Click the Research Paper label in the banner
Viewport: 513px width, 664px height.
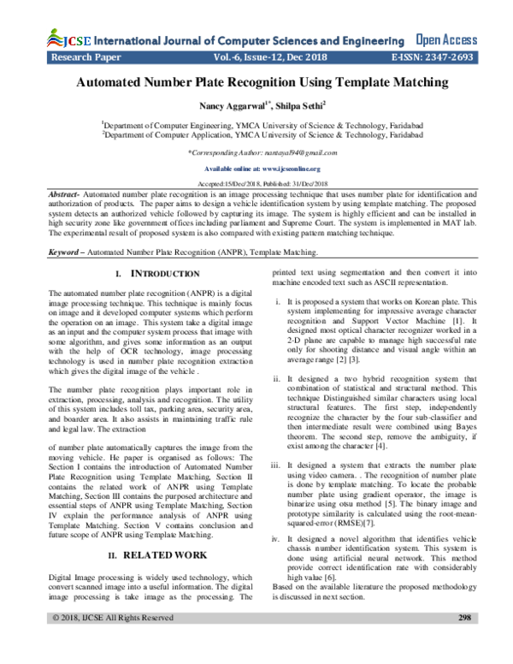(x=85, y=60)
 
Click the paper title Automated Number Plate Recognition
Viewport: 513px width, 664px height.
(x=256, y=84)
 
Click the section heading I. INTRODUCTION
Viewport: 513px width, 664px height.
(x=156, y=273)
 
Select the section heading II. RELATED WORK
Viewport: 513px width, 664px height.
(x=154, y=555)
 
